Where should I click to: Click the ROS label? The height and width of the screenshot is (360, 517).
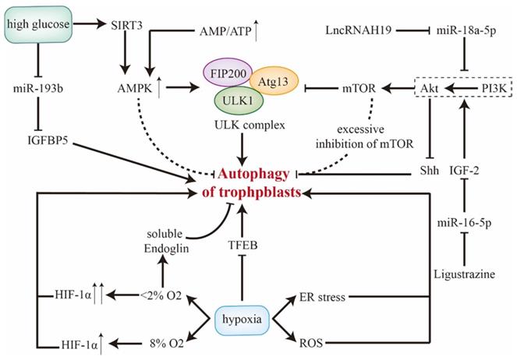click(318, 341)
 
